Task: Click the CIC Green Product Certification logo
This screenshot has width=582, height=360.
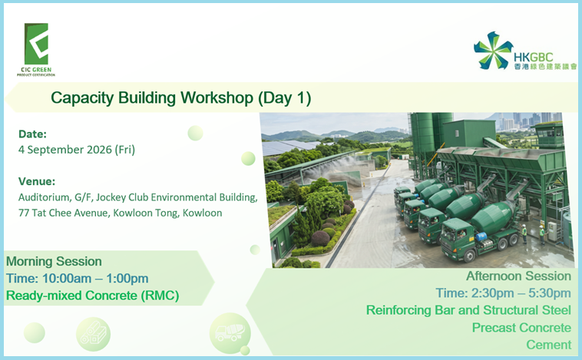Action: point(36,49)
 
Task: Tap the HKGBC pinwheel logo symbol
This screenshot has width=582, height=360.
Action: point(493,51)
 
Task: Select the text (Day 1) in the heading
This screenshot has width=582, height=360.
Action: point(284,98)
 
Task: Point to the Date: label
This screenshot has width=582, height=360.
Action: point(33,134)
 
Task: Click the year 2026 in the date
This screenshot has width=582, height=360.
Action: point(99,150)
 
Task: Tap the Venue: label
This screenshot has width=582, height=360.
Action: point(37,181)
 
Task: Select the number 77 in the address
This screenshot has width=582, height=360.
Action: point(24,213)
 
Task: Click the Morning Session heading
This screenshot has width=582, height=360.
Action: point(54,261)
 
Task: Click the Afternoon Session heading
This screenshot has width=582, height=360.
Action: point(518,276)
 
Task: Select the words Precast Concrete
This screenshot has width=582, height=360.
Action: point(521,328)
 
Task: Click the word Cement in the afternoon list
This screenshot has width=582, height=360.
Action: point(548,345)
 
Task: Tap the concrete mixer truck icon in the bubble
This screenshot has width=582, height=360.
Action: point(230,332)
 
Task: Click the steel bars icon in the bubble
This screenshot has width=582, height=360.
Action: point(94,333)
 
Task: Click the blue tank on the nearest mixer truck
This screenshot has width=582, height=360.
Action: point(481,236)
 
